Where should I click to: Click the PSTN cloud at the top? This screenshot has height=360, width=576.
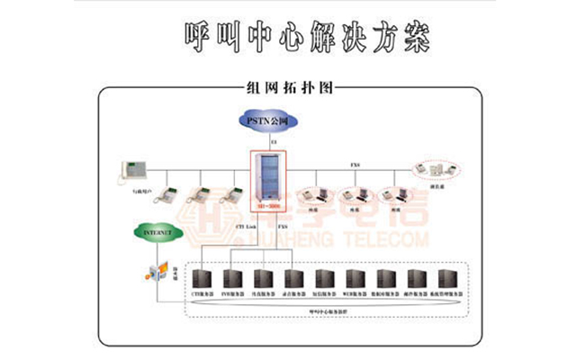click(273, 120)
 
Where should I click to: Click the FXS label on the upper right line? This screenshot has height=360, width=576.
click(356, 166)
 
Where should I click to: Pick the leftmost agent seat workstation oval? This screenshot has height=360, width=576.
click(317, 193)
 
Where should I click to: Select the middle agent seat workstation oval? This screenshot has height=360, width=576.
click(355, 193)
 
